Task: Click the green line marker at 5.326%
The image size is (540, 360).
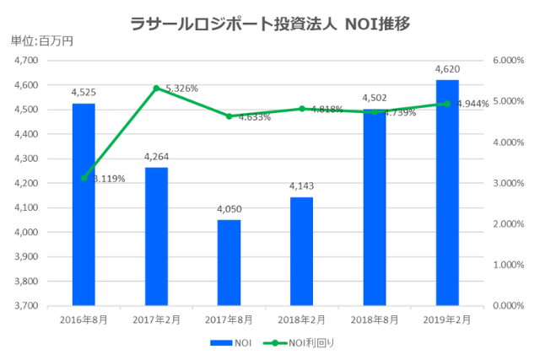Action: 156,88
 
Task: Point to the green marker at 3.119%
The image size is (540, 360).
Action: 84,178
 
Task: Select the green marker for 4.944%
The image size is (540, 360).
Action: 446,104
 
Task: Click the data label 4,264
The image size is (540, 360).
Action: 156,157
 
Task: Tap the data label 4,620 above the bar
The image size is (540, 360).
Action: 446,69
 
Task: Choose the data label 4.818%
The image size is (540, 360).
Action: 326,110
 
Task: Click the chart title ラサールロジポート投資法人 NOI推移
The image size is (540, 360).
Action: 270,24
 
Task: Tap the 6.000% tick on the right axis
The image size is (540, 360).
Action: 507,61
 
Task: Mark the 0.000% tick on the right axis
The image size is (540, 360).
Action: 507,305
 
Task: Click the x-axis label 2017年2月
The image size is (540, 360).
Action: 156,320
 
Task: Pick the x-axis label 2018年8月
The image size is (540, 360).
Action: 374,320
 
